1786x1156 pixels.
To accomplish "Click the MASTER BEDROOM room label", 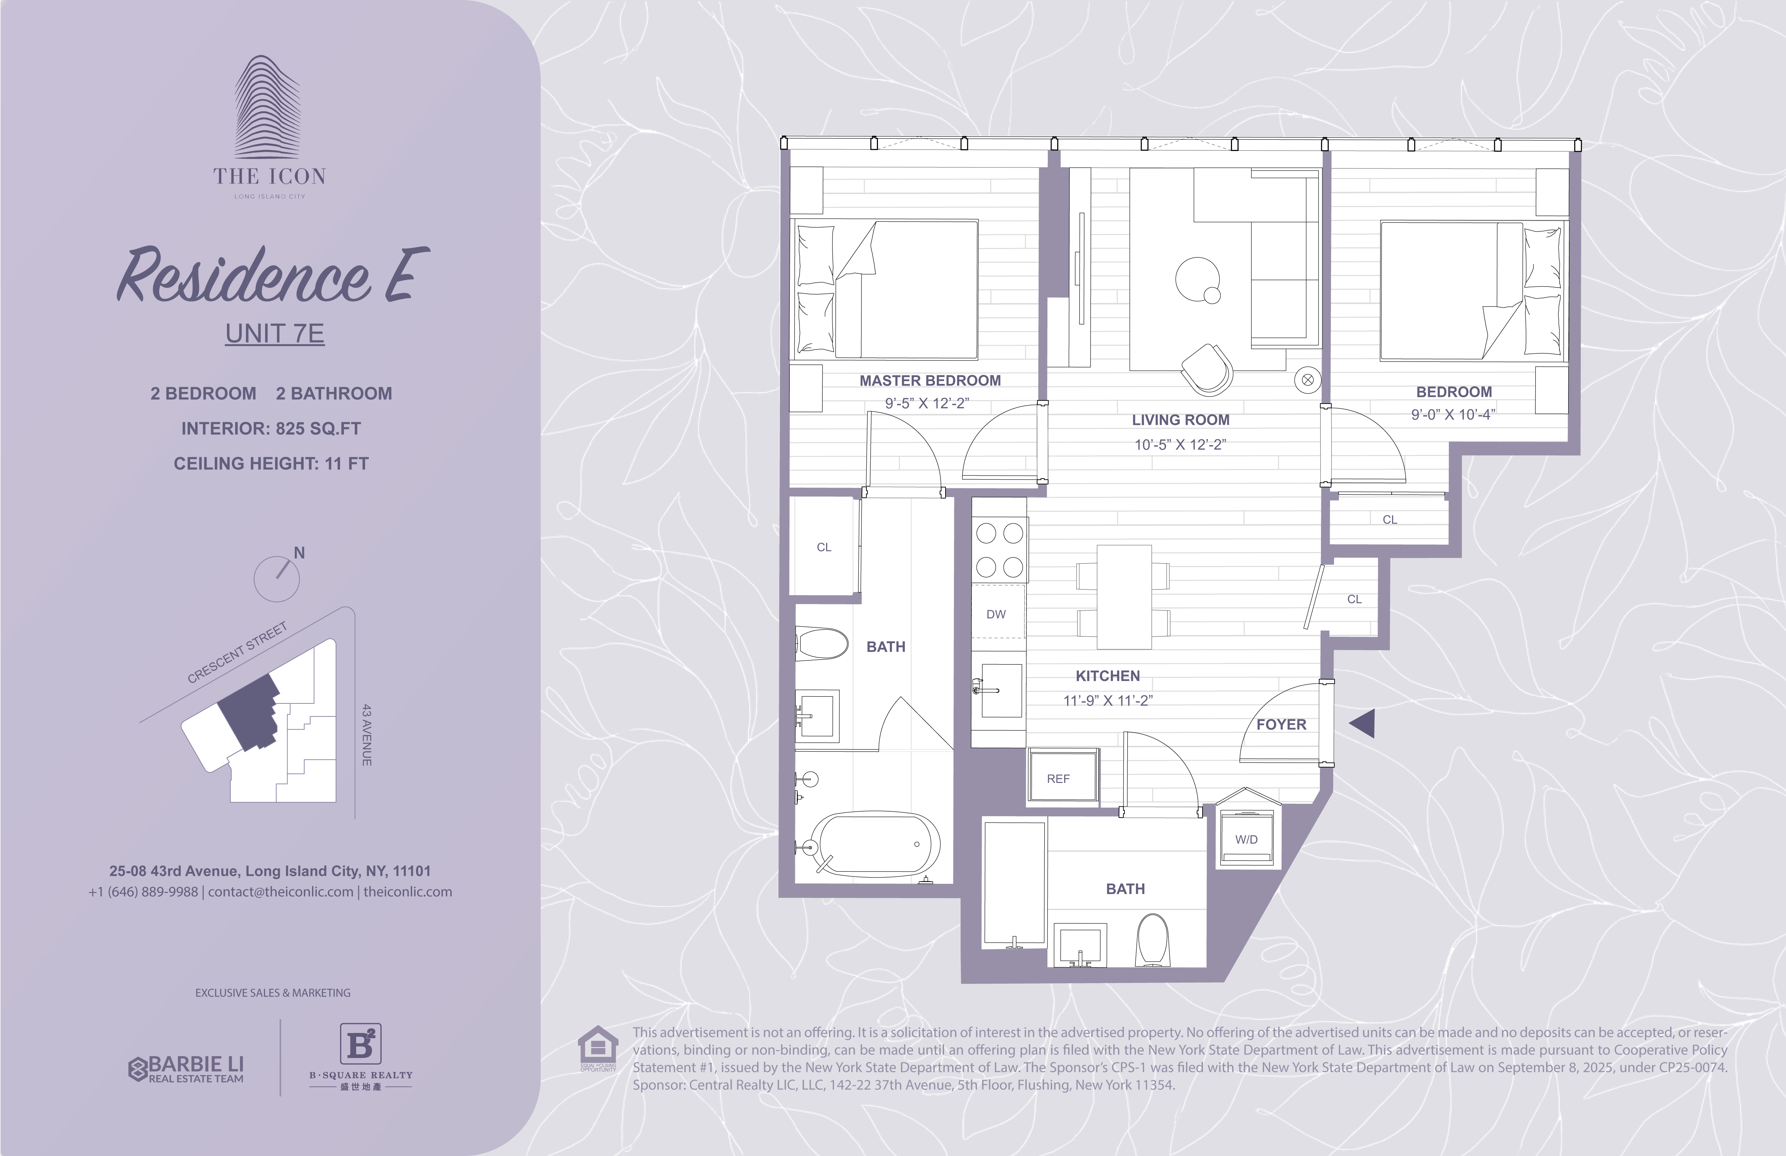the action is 930,380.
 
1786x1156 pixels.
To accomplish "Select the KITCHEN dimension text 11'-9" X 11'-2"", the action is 1108,700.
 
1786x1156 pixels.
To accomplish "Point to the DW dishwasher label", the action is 996,614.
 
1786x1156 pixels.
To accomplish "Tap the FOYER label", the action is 1281,724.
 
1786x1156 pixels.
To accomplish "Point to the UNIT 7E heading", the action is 275,333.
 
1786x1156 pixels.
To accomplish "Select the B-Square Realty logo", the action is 361,1056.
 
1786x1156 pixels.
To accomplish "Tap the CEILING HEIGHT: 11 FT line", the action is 271,464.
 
